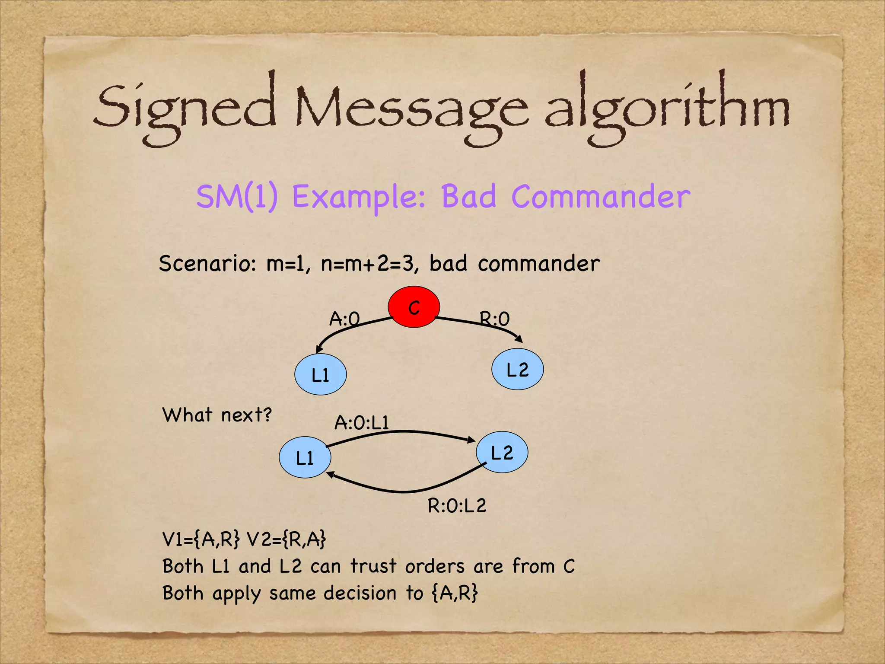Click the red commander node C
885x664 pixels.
414,307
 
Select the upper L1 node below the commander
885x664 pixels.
320,374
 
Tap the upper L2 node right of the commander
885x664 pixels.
517,369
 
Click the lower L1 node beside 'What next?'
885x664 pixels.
305,457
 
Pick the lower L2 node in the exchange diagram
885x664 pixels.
502,452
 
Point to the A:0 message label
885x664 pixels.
344,319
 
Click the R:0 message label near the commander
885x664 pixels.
495,319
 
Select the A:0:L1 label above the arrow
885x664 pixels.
362,422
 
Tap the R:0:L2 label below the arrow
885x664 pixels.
457,505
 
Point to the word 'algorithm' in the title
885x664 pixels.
667,108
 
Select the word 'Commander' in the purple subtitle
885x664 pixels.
601,197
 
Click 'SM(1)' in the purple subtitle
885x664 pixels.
237,197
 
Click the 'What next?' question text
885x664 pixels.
217,415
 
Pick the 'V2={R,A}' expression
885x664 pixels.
286,539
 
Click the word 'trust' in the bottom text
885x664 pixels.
373,566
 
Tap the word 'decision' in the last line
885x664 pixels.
360,593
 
